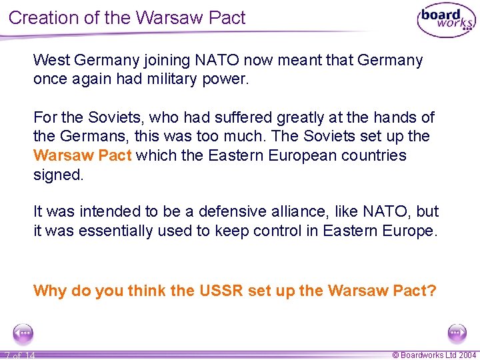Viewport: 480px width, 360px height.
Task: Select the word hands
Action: [x=393, y=118]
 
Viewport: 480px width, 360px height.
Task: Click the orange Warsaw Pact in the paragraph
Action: [x=82, y=156]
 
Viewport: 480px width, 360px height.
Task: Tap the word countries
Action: [x=373, y=156]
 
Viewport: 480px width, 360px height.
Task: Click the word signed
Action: [x=59, y=175]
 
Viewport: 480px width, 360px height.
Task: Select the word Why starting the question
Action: [x=49, y=291]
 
